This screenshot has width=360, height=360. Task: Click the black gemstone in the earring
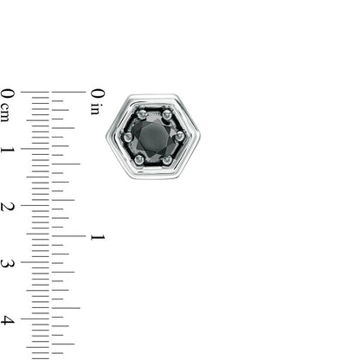[x=153, y=138]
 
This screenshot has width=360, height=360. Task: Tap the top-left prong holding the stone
[x=141, y=115]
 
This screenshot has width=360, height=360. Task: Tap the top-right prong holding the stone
[x=167, y=115]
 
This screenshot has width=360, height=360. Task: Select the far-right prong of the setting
[x=180, y=135]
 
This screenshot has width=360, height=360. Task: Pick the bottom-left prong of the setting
[x=139, y=158]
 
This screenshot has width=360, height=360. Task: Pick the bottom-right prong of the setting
[x=167, y=159]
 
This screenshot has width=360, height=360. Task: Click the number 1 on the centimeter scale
[x=8, y=150]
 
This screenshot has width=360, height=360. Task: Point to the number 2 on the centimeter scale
[x=8, y=207]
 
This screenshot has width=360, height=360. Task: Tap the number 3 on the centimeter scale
[x=8, y=263]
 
